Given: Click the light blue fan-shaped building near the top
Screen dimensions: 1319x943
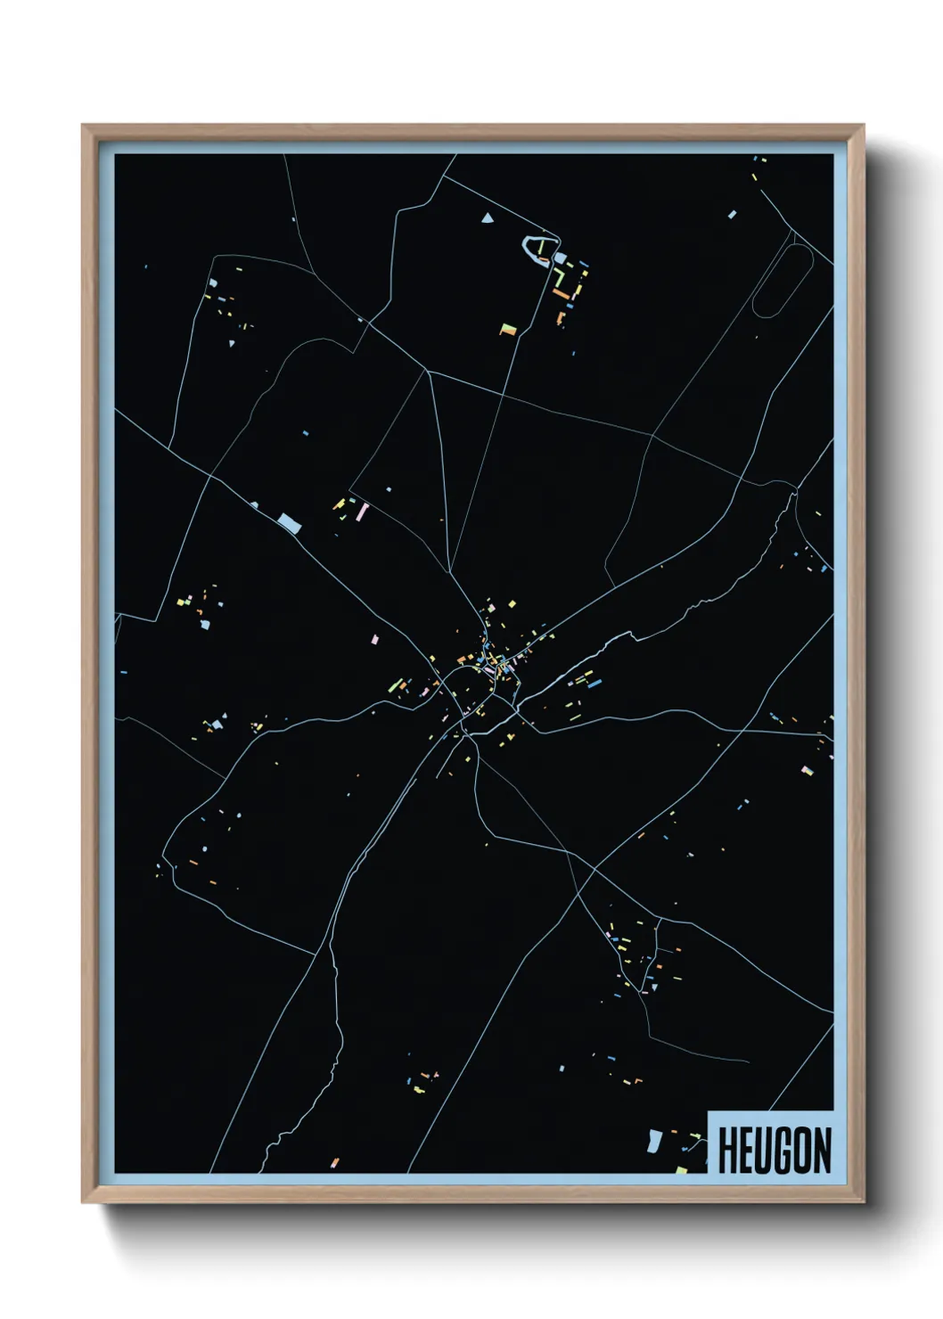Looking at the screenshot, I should point(487,217).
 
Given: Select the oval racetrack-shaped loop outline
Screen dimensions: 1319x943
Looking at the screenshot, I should point(783,280).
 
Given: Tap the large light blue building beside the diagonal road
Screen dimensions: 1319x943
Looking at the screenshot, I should point(289,522).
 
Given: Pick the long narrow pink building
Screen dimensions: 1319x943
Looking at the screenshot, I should point(364,512).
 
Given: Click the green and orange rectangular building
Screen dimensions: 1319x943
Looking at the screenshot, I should point(507,330).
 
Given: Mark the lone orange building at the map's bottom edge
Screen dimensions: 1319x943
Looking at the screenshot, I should point(335,1162).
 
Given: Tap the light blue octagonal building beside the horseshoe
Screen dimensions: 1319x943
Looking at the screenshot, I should point(561,258).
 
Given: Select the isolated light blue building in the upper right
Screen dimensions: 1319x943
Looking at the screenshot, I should point(733,215).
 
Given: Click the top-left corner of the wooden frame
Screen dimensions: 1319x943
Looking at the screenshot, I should point(83,126).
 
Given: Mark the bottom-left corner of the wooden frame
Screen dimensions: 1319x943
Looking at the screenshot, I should point(83,1202).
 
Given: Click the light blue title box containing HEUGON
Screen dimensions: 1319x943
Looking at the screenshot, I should point(770,1143).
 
